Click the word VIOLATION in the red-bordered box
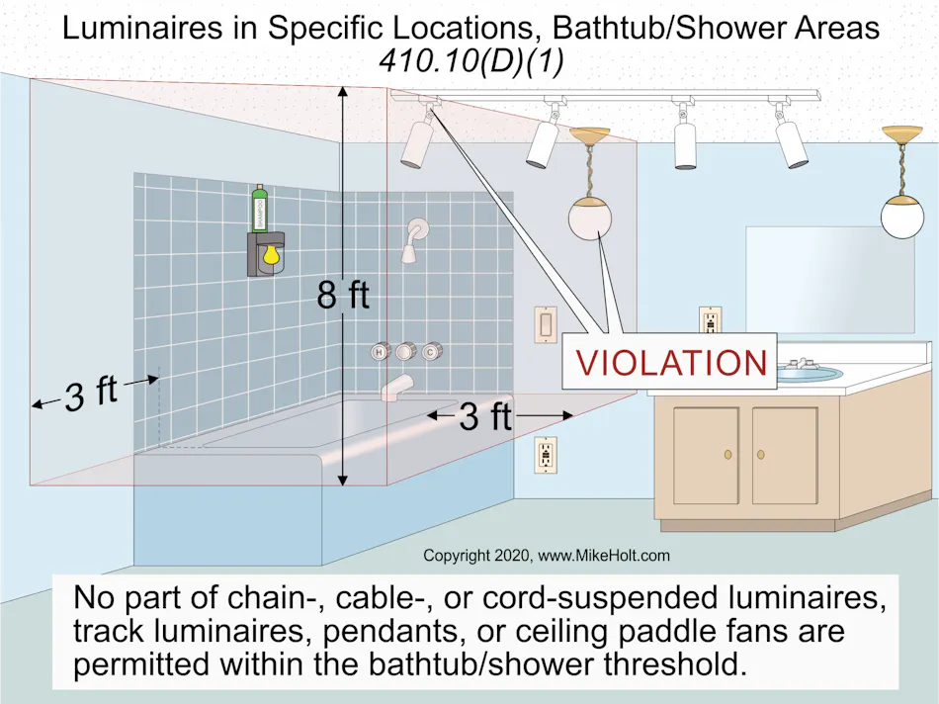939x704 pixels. pos(671,363)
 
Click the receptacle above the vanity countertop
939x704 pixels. pos(710,320)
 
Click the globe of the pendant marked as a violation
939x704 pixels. pos(591,219)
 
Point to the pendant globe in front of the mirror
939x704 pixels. pos(901,217)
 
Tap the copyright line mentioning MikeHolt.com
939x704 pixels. pos(546,556)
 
